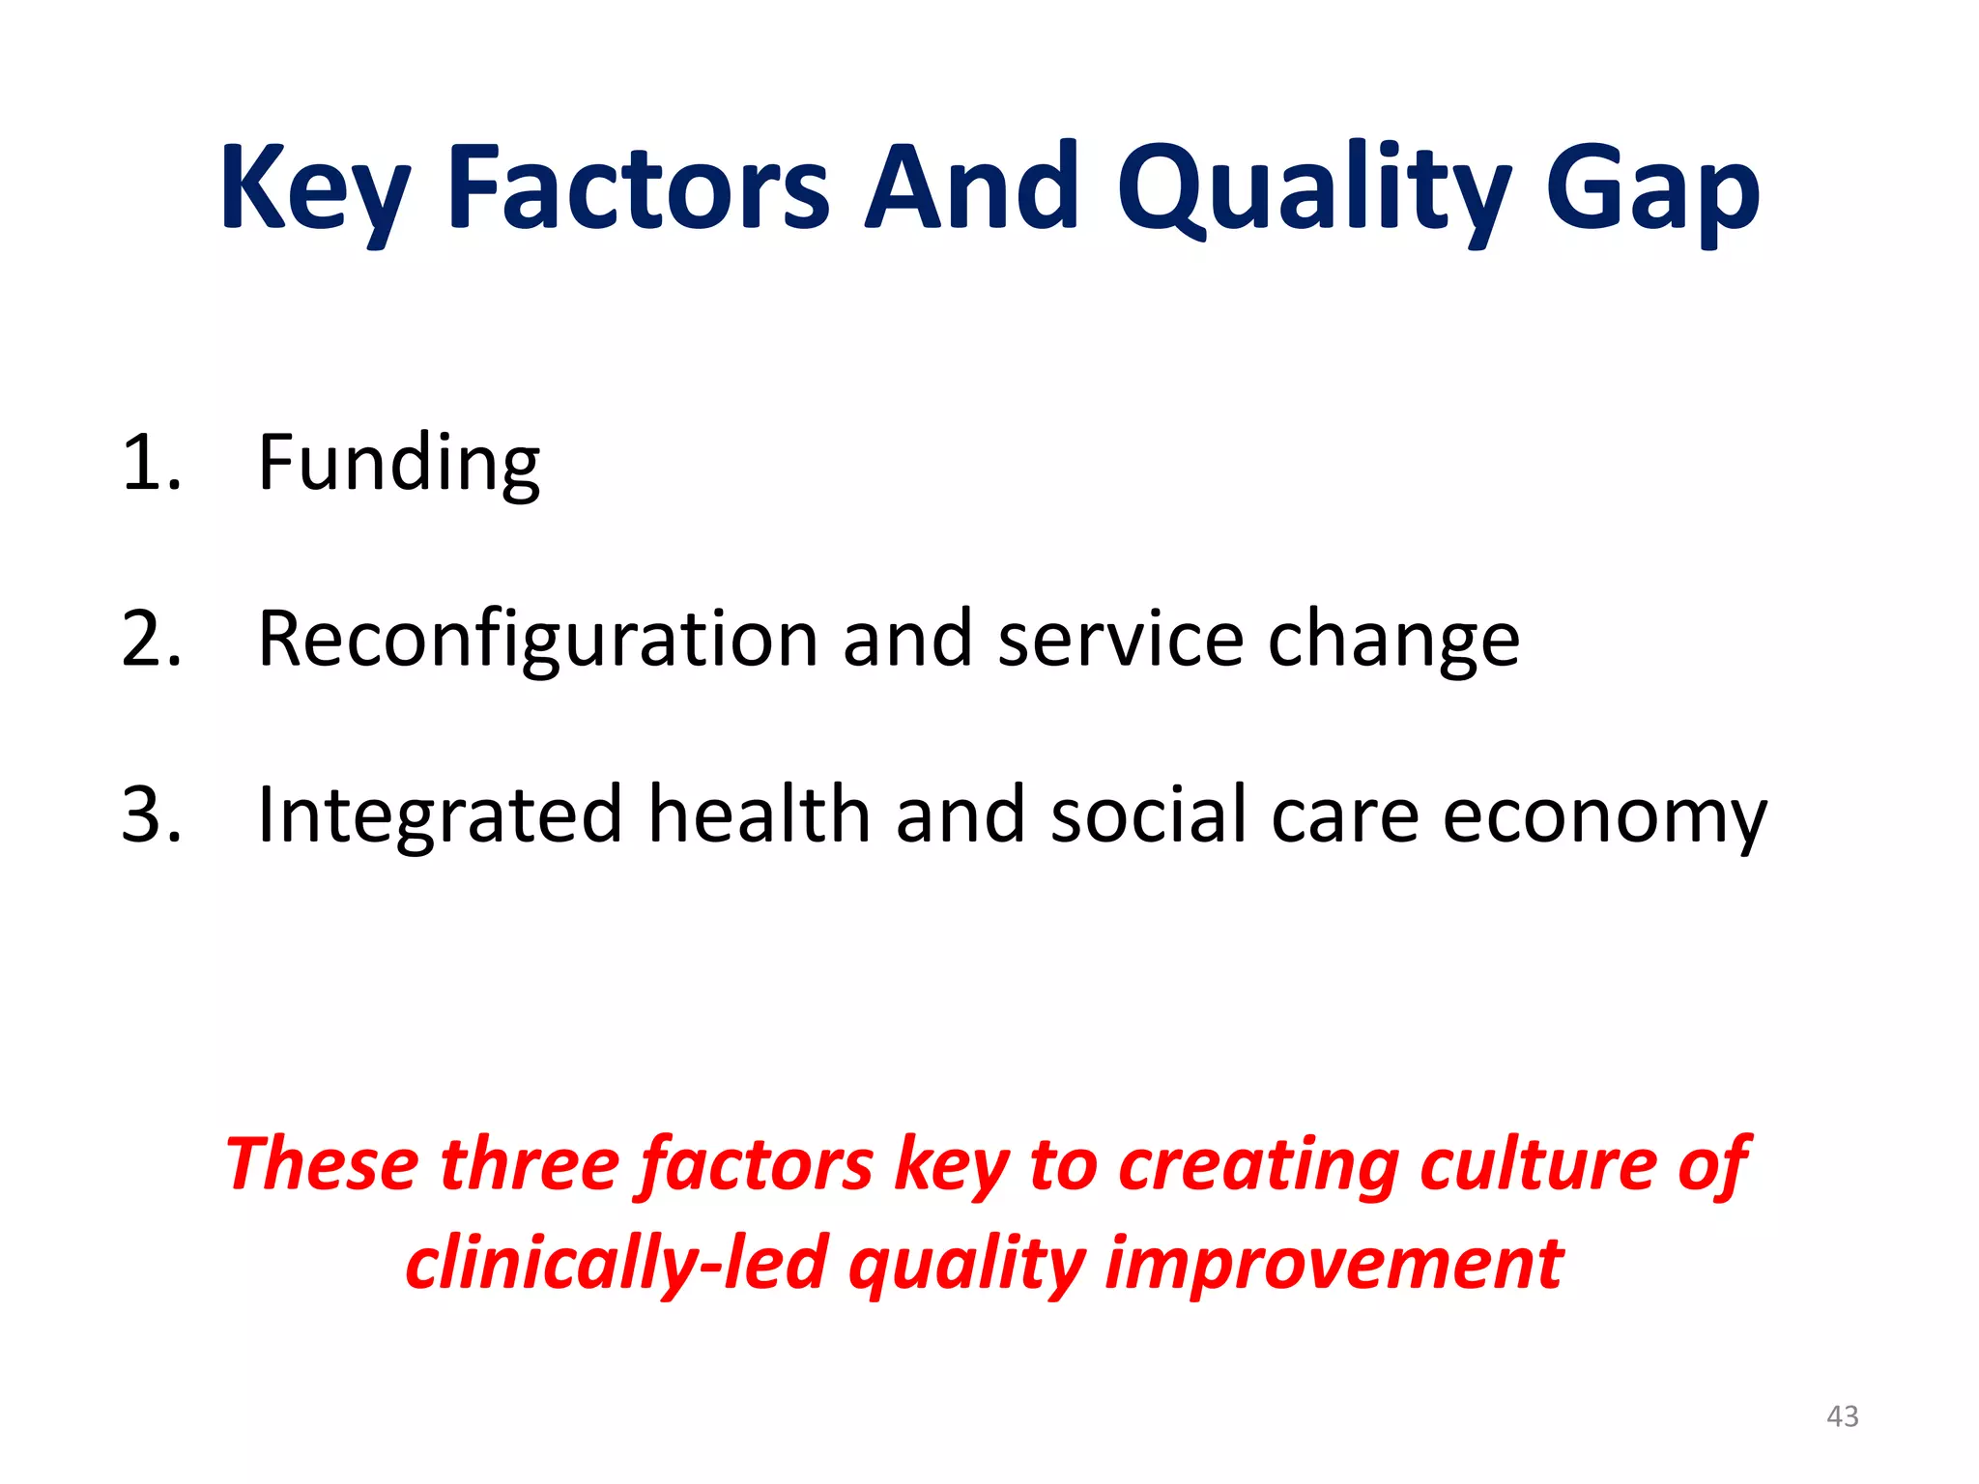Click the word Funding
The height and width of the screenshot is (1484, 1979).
tap(398, 464)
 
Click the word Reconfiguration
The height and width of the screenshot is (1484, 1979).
tap(538, 640)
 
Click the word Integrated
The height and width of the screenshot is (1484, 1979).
tap(440, 815)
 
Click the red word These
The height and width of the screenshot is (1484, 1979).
tap(322, 1164)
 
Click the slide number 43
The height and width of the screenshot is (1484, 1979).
tap(1842, 1416)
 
